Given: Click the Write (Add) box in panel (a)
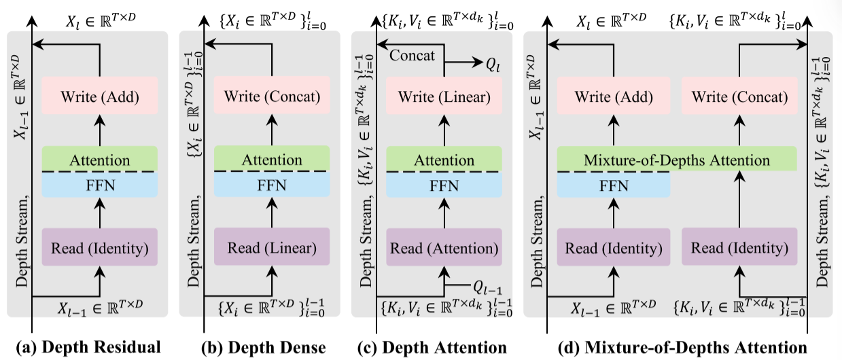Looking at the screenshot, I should (x=99, y=97).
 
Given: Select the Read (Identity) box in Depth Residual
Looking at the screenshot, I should (x=99, y=247).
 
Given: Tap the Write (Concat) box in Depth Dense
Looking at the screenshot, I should (x=272, y=97).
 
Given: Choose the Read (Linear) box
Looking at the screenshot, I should (x=272, y=247).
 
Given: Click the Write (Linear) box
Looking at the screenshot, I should (x=444, y=97).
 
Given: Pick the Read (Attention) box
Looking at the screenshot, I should (x=444, y=247).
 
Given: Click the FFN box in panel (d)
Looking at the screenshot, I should (x=613, y=185).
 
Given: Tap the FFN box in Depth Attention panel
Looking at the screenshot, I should (x=444, y=185).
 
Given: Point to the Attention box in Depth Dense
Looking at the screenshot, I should (x=272, y=160).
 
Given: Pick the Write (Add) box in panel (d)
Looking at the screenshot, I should (x=613, y=97).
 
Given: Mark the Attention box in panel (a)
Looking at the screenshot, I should (x=99, y=160).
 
